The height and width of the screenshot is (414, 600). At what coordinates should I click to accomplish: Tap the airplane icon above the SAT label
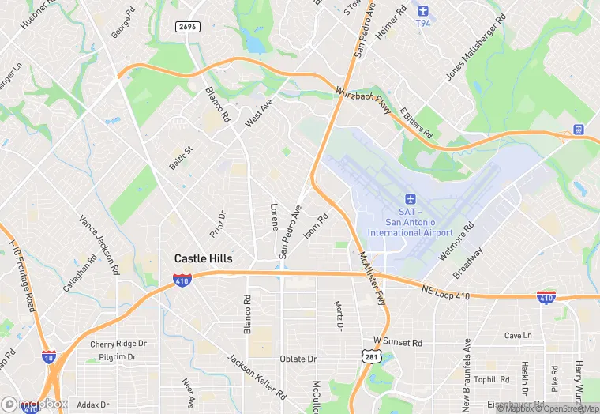[x=410, y=198]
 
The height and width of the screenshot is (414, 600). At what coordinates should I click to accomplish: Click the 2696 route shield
[x=187, y=27]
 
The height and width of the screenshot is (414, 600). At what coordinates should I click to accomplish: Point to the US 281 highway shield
[x=370, y=358]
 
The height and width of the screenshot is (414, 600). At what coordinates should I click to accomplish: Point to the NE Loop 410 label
[x=446, y=292]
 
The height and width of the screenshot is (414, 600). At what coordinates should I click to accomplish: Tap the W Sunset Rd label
[x=398, y=343]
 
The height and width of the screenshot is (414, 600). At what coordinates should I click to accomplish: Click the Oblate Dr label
[x=298, y=359]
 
